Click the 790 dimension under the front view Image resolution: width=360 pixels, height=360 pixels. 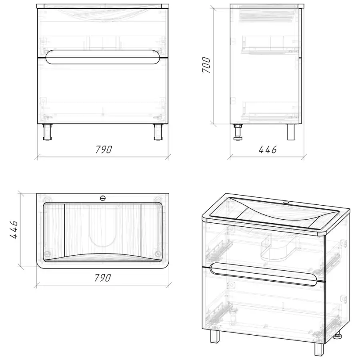click(104, 150)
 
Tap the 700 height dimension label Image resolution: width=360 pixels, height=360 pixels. click(206, 65)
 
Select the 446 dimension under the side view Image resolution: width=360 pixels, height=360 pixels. click(268, 150)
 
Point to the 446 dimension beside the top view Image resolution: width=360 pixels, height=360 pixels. click(14, 230)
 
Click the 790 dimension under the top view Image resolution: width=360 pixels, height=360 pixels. click(103, 278)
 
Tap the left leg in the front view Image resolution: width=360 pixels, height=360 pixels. click(47, 132)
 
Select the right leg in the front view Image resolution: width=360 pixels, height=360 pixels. click(158, 132)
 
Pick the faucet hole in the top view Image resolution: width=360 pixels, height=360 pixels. click(103, 198)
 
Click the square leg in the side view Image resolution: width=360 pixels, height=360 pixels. click(291, 132)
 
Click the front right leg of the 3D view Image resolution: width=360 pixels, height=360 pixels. click(319, 350)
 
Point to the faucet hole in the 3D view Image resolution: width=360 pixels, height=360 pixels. click(286, 203)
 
